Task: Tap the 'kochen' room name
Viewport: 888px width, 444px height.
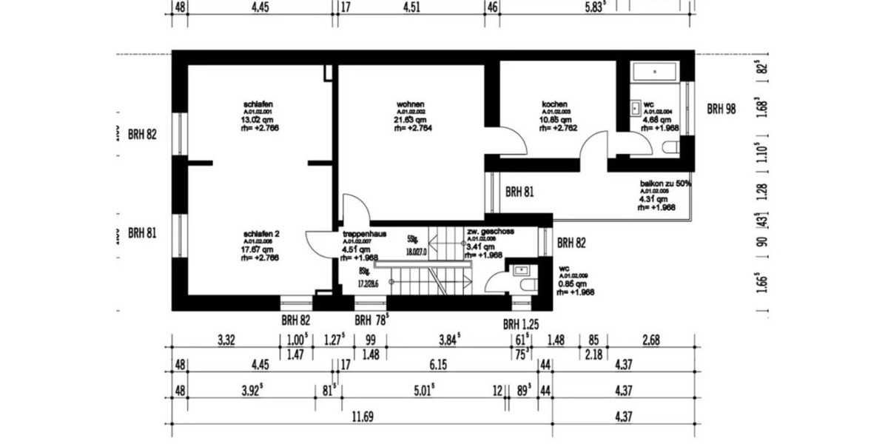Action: (554, 104)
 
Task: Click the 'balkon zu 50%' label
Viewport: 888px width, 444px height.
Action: (665, 183)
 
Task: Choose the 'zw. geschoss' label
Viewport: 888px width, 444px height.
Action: (490, 232)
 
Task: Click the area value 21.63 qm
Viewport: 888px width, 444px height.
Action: (411, 119)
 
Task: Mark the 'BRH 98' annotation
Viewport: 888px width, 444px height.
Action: (721, 109)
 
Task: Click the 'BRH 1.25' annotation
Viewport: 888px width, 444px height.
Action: (521, 324)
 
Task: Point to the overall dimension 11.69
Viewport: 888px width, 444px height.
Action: (363, 417)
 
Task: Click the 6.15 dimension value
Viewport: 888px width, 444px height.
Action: (439, 365)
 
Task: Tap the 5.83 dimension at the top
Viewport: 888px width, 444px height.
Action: (596, 8)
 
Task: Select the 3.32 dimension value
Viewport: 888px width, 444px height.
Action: (226, 340)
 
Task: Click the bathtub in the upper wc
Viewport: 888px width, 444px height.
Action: (654, 73)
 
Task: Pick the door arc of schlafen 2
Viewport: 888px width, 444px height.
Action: (320, 243)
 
